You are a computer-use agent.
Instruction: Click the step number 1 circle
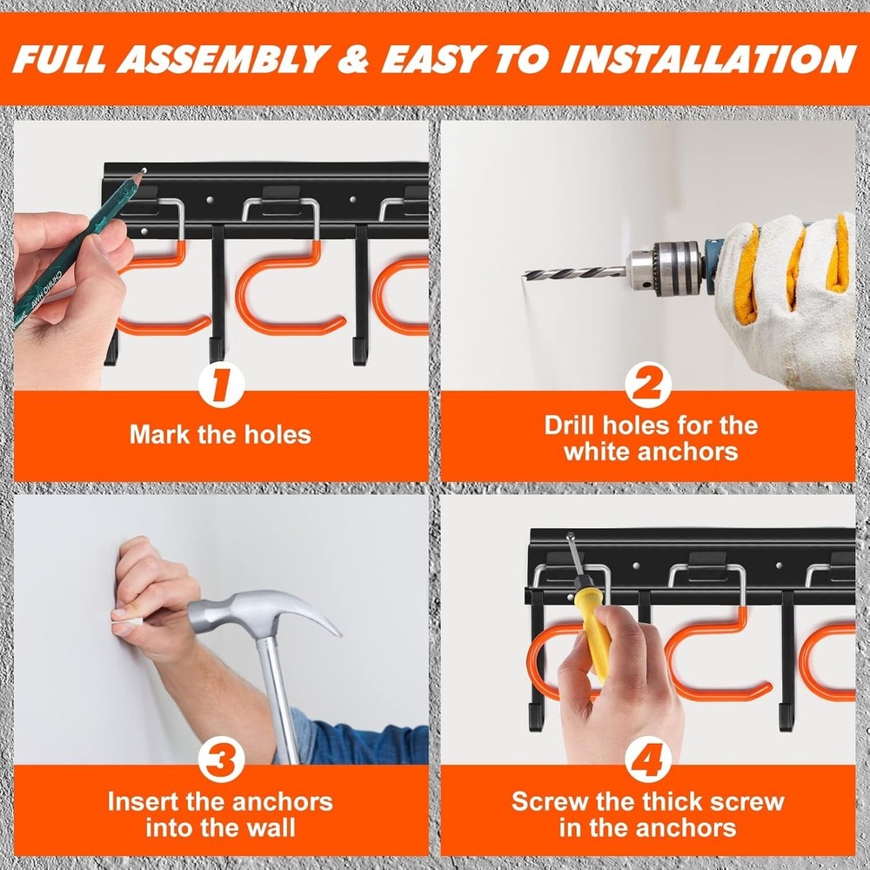coord(221,385)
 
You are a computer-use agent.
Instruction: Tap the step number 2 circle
coord(648,385)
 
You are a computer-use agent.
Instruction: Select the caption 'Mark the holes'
coord(220,434)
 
